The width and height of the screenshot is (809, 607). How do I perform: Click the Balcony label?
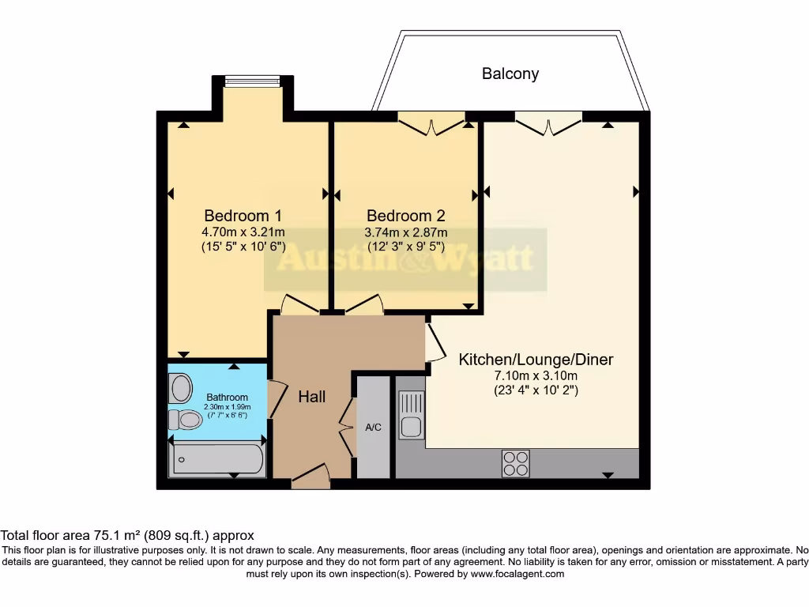[x=510, y=74]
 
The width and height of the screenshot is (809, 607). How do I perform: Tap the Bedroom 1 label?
[x=243, y=215]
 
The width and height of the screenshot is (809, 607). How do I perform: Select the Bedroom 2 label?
[x=405, y=215]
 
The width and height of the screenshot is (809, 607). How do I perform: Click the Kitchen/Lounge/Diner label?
[x=536, y=360]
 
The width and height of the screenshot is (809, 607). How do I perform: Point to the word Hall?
[x=311, y=397]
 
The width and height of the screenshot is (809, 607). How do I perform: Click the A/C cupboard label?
[x=373, y=428]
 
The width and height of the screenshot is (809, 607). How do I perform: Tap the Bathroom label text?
[x=227, y=397]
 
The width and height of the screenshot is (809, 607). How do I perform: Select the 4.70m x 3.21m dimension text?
[x=243, y=232]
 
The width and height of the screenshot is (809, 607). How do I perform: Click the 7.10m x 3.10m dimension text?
[x=536, y=375]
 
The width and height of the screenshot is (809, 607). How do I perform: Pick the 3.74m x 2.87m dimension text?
[x=405, y=232]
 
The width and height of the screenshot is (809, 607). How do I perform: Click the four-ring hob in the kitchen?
[x=515, y=462]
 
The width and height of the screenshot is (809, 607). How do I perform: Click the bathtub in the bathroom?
[x=217, y=459]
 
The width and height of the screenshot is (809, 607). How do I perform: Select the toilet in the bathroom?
[x=186, y=419]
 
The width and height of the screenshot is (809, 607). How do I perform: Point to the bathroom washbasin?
[x=181, y=388]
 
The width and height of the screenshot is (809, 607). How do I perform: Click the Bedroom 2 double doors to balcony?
[x=431, y=123]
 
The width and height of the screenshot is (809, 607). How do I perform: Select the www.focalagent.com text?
[x=517, y=574]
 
